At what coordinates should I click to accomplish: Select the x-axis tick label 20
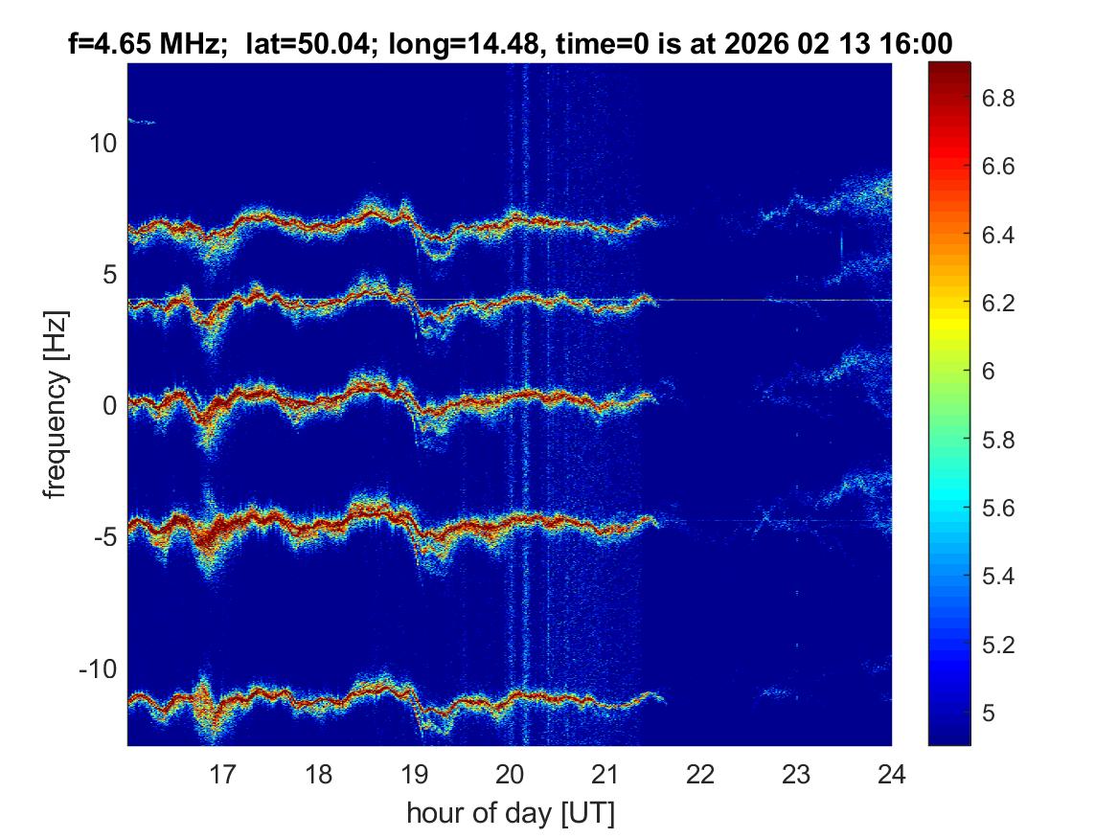510,773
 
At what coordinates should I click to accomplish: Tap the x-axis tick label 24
891,773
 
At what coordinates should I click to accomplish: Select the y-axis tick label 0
109,406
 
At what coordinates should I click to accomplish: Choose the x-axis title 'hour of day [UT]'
510,813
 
